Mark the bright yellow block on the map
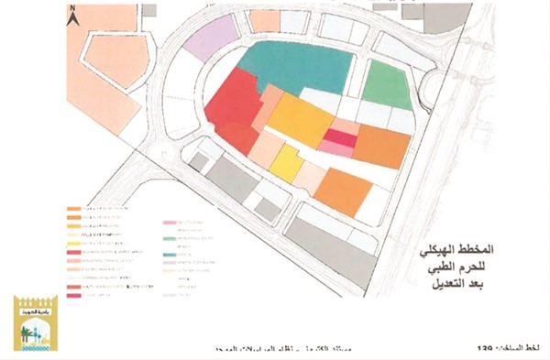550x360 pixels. pyautogui.click(x=285, y=162)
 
